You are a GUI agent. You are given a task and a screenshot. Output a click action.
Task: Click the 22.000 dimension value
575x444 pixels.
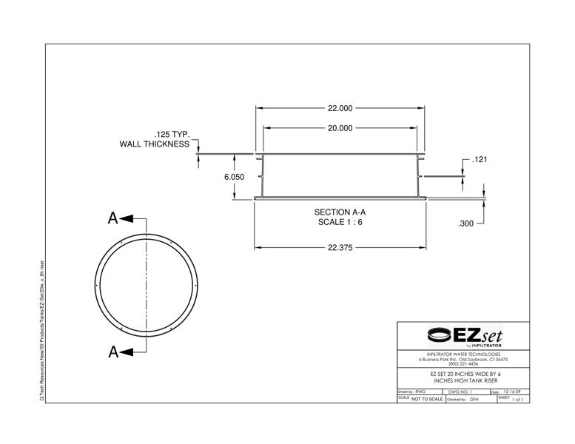(x=340, y=108)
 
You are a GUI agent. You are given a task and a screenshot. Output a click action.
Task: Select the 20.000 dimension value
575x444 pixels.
(x=340, y=128)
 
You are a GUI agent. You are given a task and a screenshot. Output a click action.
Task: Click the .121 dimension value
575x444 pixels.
(x=479, y=160)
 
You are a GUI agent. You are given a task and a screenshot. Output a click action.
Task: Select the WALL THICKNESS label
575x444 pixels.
(x=155, y=144)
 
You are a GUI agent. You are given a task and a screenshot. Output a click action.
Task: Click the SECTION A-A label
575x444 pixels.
(x=340, y=212)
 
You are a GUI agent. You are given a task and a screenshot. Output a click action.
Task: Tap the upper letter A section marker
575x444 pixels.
(x=113, y=218)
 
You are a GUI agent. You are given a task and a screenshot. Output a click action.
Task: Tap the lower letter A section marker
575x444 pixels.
(x=113, y=352)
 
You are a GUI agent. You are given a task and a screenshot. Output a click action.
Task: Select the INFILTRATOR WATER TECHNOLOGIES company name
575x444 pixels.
(x=463, y=354)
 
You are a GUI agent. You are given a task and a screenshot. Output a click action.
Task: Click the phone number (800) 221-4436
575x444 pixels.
(x=463, y=364)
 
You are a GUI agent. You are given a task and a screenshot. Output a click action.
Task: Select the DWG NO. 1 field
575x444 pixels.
(x=460, y=391)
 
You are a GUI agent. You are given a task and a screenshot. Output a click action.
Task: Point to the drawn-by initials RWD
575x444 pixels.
(x=421, y=391)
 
